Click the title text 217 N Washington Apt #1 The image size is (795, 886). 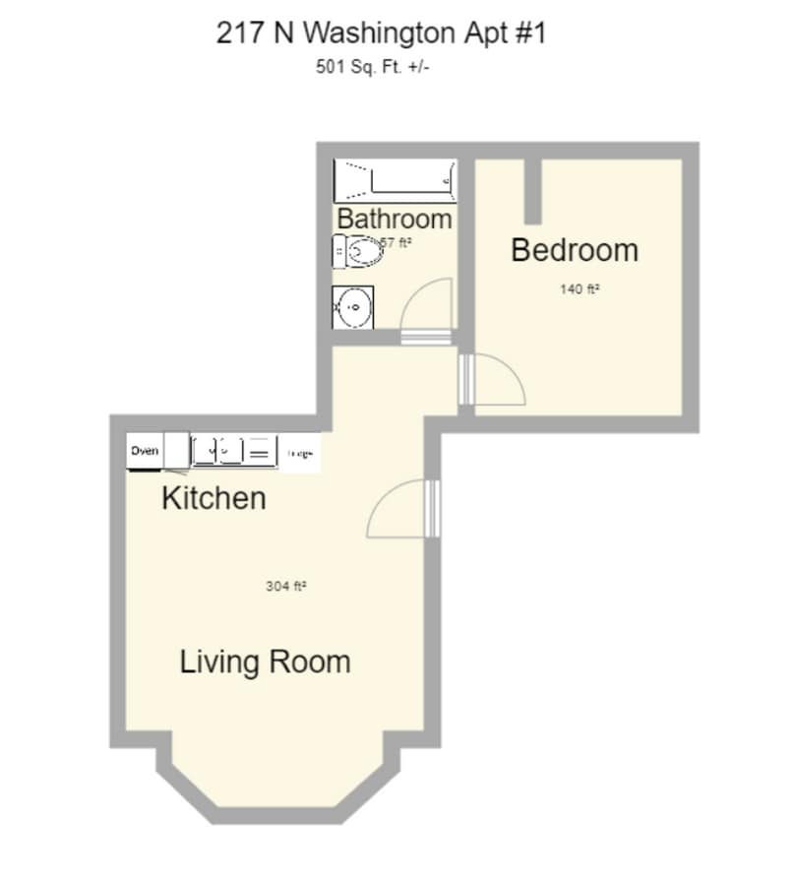coord(380,32)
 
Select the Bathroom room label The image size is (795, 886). coord(395,219)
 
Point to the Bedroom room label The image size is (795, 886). coord(575,250)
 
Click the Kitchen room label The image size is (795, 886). coord(214,498)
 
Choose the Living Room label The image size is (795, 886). coord(265,662)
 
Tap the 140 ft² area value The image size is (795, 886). coord(580,290)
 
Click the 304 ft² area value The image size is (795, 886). coord(285,586)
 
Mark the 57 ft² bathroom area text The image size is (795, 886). coord(396,243)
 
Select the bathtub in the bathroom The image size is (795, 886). coord(394,180)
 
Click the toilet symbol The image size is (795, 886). coord(358,252)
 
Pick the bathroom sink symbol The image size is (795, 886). coord(352,307)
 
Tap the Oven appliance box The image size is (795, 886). coord(145,452)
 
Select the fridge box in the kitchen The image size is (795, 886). coord(300,454)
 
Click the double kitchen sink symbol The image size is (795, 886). coord(218,451)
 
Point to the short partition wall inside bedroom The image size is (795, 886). coord(532,190)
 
